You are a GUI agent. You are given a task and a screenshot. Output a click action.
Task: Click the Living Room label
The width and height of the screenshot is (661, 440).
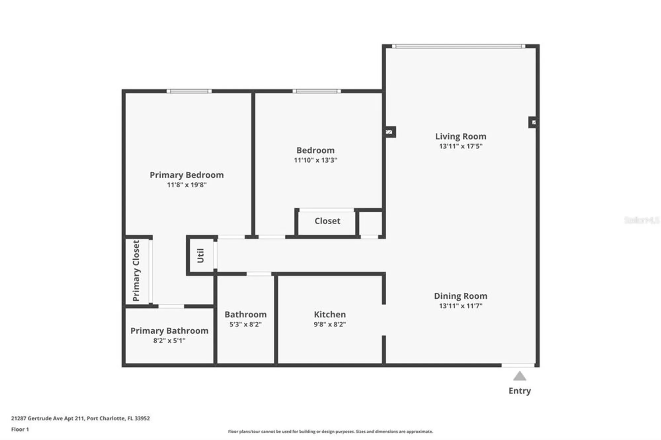coord(460,136)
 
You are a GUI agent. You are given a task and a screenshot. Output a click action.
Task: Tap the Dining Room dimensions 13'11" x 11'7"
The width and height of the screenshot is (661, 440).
coord(460,306)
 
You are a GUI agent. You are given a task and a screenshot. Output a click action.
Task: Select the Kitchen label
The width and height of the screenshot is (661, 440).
coord(330,314)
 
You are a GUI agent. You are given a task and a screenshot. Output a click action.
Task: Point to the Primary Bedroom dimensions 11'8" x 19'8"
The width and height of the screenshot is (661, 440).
coord(187,185)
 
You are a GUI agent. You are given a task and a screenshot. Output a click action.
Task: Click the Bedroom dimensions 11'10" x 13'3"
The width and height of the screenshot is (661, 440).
coord(315,160)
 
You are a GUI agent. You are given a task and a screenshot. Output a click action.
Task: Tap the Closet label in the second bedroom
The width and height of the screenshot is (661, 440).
coord(327,221)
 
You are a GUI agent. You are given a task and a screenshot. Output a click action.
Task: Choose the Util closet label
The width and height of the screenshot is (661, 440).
coord(201,256)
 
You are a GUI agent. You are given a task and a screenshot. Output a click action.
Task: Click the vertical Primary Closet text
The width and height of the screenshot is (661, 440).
coord(136,271)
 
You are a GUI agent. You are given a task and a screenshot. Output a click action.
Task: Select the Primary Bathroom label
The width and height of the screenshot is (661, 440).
coord(169,331)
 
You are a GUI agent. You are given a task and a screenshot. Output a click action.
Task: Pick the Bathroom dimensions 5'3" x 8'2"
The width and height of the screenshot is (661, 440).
coord(245,324)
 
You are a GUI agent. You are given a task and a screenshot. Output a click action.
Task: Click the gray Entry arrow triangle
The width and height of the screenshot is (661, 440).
coord(519,376)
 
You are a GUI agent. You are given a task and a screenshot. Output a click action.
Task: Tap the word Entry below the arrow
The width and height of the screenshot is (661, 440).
coord(520,391)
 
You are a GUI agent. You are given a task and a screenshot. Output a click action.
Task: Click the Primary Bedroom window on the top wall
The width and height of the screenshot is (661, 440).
coord(189,91)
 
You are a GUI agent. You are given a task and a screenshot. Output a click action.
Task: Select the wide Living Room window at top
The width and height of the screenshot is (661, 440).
coord(458,46)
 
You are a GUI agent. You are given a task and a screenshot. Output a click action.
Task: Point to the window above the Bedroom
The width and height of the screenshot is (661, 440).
coord(317,91)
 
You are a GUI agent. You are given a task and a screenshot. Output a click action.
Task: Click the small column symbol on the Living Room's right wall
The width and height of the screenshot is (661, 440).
coord(533,123)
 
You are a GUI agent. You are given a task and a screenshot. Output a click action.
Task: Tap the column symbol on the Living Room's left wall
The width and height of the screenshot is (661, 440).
coord(389,132)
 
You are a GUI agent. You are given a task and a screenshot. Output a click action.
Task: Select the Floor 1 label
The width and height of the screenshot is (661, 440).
coord(20,429)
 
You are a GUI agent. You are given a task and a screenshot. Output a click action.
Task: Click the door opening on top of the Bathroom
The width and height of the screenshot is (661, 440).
coord(259,274)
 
